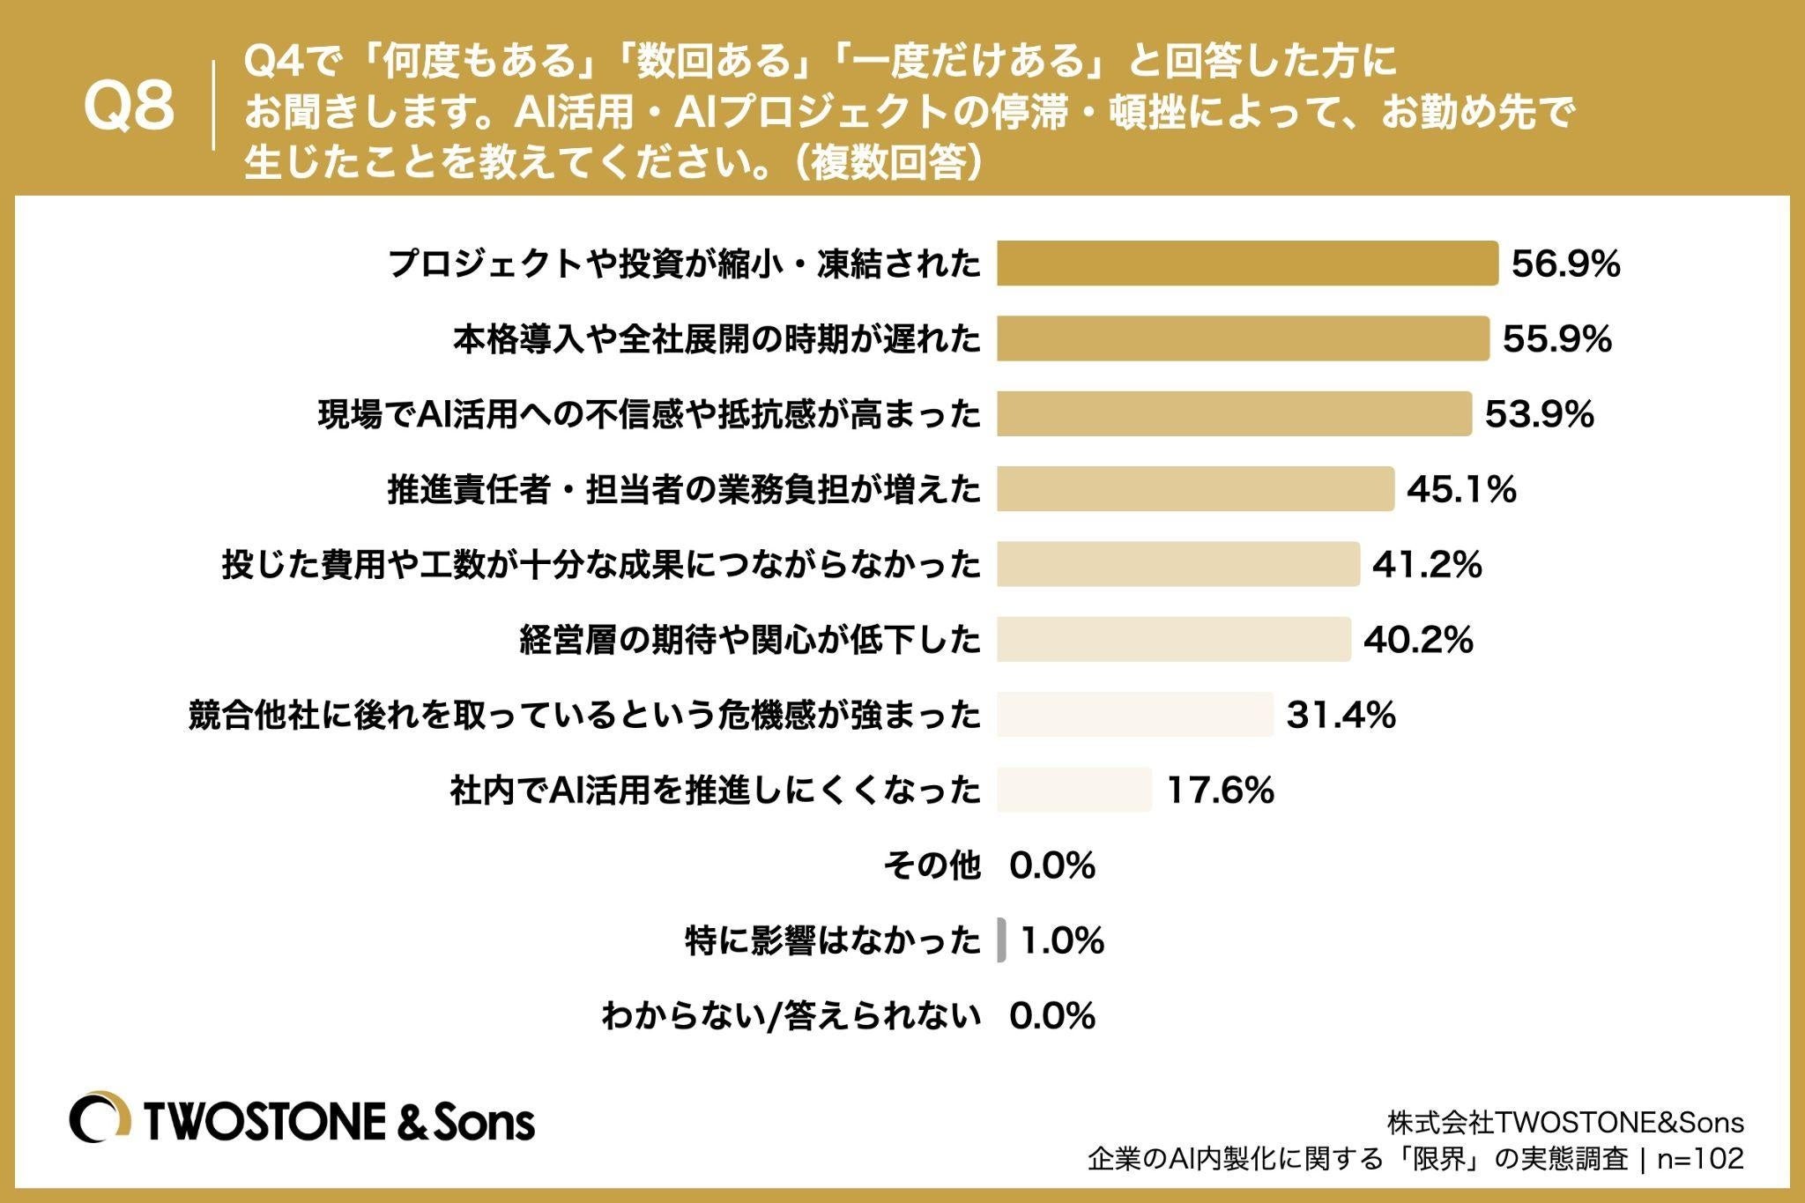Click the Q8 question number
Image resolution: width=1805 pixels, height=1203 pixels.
tap(129, 108)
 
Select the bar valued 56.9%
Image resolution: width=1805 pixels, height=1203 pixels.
tap(1247, 264)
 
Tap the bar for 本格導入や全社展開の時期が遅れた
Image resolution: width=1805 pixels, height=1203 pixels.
tap(1243, 338)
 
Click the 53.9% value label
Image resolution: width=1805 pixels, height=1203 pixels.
tap(1540, 414)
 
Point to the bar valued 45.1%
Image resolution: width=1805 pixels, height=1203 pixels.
tap(1195, 489)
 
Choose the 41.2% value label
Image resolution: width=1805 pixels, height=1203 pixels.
tap(1427, 564)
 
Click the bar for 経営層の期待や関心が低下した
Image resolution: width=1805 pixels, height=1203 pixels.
tap(1174, 639)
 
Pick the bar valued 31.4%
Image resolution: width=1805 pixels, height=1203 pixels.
tap(1135, 714)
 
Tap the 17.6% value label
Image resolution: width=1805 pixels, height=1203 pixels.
tap(1221, 791)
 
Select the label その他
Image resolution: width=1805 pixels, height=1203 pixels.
tap(932, 865)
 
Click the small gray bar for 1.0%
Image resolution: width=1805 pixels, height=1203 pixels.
tap(1001, 940)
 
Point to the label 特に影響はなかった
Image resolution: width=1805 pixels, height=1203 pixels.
tap(833, 940)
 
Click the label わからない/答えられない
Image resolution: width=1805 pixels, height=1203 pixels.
tap(791, 1015)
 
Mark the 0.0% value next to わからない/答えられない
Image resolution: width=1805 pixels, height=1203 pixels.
tap(1052, 1016)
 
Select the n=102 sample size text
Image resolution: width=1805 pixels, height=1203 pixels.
tap(1700, 1158)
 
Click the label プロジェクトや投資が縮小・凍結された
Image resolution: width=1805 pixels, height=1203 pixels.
tap(684, 264)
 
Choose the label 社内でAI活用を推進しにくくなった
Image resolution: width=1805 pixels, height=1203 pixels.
tap(715, 790)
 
